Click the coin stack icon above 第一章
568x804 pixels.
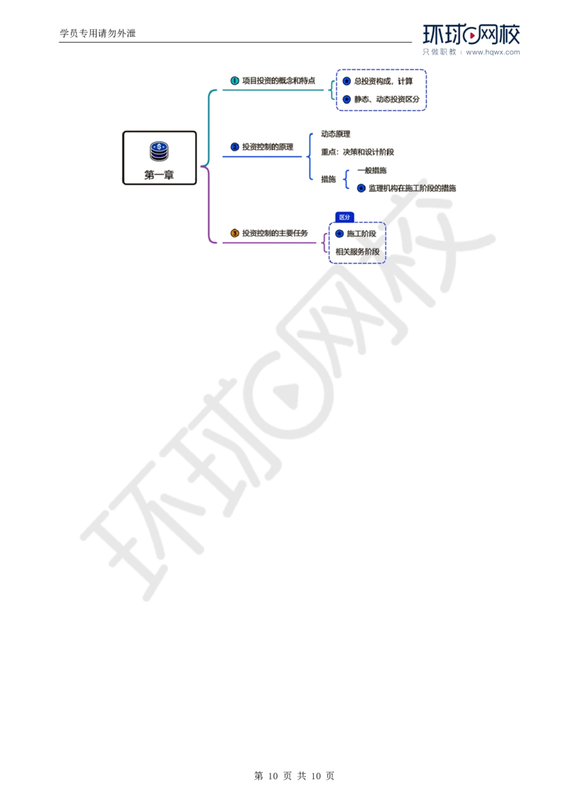159,151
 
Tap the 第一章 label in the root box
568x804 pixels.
159,175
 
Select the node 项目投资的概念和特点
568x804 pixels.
278,80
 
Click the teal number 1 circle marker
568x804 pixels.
235,80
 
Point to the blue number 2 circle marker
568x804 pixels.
235,146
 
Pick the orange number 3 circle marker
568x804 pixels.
235,233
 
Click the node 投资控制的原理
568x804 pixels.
268,146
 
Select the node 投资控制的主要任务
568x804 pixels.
275,233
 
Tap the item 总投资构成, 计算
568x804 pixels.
383,81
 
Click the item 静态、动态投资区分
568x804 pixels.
386,99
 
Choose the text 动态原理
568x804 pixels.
336,134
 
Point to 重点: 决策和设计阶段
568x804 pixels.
357,152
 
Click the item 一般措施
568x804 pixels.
372,170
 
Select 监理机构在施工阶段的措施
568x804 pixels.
413,188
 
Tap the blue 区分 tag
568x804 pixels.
344,217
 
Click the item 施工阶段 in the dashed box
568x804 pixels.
361,234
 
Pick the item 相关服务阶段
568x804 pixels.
357,251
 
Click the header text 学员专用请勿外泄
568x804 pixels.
98,33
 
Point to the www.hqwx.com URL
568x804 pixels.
493,52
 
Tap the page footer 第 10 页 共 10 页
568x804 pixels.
294,776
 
